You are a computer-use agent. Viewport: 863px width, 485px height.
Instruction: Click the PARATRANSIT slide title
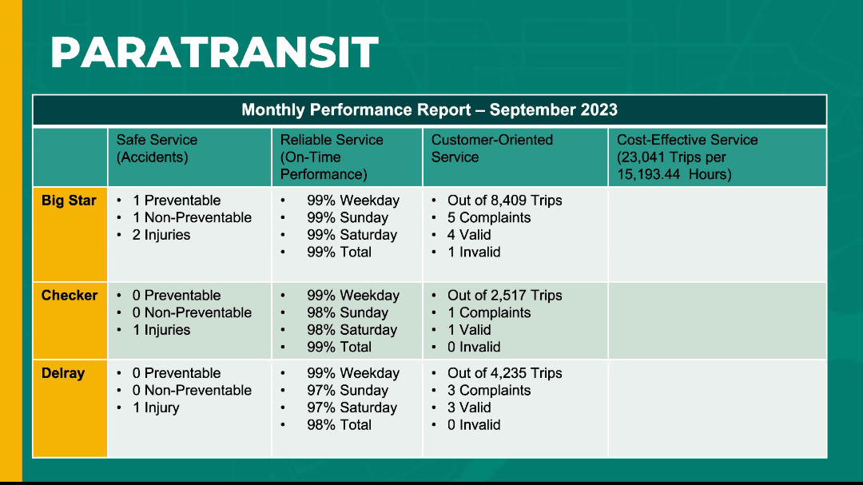click(215, 52)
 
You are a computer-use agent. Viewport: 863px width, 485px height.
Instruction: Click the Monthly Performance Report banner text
click(429, 109)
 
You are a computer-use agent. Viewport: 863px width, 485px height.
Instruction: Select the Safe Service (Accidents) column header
click(157, 148)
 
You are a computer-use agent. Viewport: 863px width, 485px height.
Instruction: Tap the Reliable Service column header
click(332, 157)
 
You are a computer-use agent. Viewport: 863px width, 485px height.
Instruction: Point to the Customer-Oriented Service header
click(492, 148)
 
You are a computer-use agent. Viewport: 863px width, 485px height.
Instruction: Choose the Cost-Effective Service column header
click(687, 157)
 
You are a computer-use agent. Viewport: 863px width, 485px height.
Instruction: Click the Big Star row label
click(69, 201)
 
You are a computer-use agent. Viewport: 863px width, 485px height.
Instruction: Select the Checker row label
click(70, 295)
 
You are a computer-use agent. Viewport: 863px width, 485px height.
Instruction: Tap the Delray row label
click(63, 373)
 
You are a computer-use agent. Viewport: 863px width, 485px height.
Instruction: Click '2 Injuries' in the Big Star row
click(161, 235)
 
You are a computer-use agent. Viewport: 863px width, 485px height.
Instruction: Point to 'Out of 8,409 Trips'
click(505, 201)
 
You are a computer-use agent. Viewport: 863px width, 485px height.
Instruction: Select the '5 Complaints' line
click(489, 218)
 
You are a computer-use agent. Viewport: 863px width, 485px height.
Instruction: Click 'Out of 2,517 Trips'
click(505, 296)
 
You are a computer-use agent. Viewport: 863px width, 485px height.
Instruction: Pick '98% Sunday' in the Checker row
click(348, 312)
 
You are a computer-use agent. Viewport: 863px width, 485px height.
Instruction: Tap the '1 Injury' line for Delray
click(156, 408)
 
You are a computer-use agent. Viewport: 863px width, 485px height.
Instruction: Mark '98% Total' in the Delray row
click(339, 425)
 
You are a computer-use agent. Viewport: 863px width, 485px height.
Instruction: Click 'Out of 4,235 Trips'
click(505, 373)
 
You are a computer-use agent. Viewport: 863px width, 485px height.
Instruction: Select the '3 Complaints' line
click(489, 390)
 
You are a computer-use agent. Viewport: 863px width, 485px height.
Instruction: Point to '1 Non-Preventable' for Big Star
click(192, 217)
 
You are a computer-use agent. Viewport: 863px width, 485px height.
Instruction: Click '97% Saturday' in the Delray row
click(352, 408)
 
